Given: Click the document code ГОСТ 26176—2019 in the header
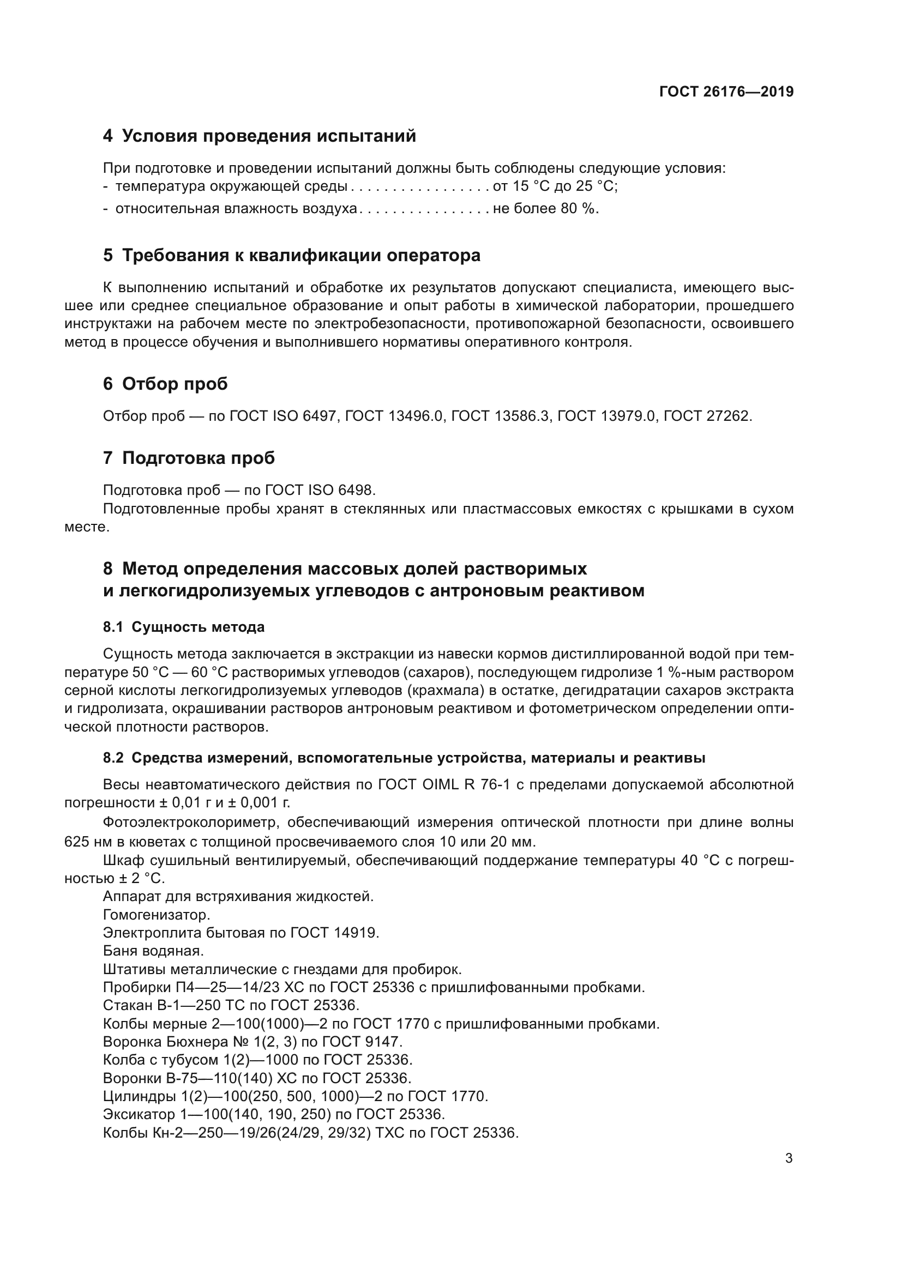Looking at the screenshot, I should pos(726,92).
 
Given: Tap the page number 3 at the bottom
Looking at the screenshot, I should pos(789,1158).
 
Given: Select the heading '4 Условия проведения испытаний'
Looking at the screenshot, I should pos(260,136).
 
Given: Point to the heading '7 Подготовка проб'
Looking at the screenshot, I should pos(189,458).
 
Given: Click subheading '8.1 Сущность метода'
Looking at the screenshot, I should pos(183,627).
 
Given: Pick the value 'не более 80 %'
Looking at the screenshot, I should pos(545,209).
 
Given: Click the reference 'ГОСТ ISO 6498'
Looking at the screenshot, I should pos(320,491).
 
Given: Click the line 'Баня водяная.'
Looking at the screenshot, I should pos(153,951).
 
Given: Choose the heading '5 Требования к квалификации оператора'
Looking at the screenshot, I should pos(292,256).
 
